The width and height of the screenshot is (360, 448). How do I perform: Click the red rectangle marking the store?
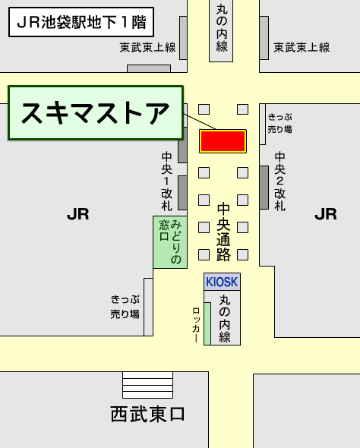coord(223,140)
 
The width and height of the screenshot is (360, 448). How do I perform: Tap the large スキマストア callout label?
coord(96,113)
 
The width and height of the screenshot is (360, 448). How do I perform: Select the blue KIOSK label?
coord(222,281)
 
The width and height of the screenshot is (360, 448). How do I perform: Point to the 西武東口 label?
coord(148,415)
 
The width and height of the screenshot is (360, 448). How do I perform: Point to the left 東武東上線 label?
coord(147,48)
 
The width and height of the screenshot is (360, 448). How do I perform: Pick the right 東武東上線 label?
coord(302,48)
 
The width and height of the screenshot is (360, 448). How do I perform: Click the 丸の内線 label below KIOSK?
coord(224,318)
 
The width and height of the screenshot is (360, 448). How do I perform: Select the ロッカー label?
coord(196,324)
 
